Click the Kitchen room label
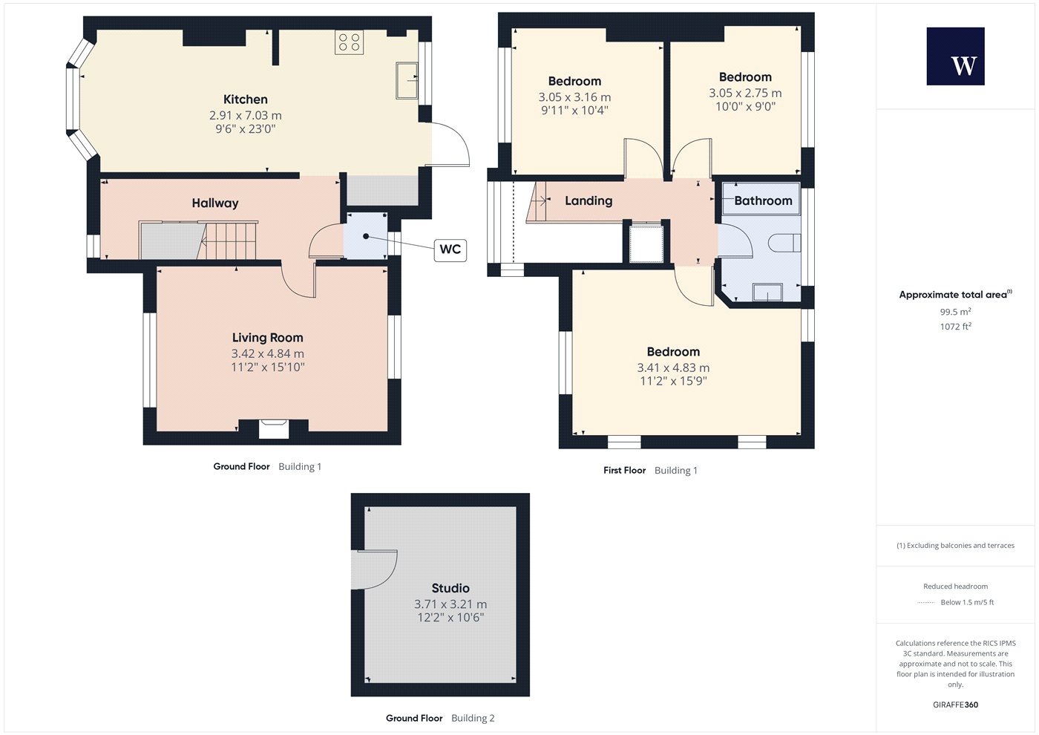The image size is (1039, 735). coord(246,99)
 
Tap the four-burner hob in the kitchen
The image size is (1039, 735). coord(350,42)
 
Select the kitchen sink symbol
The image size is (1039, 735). coord(407,81)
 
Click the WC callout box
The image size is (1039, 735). coord(450,249)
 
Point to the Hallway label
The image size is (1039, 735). coord(215,203)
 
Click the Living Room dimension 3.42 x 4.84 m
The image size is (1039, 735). coord(268,353)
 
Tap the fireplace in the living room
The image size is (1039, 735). coord(274,428)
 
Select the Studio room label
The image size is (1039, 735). coord(450,588)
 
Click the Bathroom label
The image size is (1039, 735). coord(763,201)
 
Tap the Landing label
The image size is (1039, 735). coord(589,201)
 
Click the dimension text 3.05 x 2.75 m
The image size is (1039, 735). coord(745,94)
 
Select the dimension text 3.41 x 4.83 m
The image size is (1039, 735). coord(673,368)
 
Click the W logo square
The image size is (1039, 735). coord(956,56)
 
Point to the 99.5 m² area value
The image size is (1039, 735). coord(956,312)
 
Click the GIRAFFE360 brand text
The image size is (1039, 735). coord(956,705)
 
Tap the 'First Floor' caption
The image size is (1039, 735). coord(624,471)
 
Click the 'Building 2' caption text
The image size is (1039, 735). coord(473,719)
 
